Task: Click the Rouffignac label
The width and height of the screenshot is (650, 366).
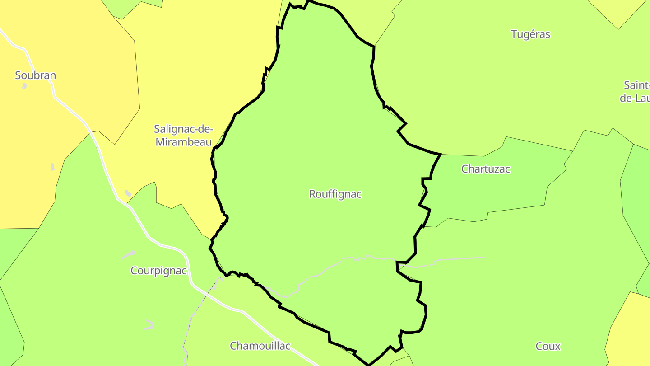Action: click(335, 194)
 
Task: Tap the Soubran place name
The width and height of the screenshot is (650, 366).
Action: click(35, 75)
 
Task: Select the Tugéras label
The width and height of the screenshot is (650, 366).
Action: click(530, 34)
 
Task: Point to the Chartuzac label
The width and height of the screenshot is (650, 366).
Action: click(486, 169)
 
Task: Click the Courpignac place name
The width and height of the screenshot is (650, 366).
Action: click(158, 271)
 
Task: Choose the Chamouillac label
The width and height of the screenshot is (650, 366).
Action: click(260, 346)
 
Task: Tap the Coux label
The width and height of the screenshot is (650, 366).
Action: click(548, 347)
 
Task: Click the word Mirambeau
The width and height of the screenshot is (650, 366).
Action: click(184, 142)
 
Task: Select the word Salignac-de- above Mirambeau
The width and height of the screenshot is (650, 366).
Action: click(183, 129)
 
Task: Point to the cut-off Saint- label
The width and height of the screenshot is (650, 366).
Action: click(636, 85)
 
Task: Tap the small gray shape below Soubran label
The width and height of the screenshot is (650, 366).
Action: click(24, 86)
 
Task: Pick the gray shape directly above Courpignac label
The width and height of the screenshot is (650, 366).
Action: click(129, 255)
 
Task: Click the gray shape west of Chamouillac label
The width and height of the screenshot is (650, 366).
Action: click(149, 325)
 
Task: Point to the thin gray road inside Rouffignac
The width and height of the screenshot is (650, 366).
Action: click(316, 276)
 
